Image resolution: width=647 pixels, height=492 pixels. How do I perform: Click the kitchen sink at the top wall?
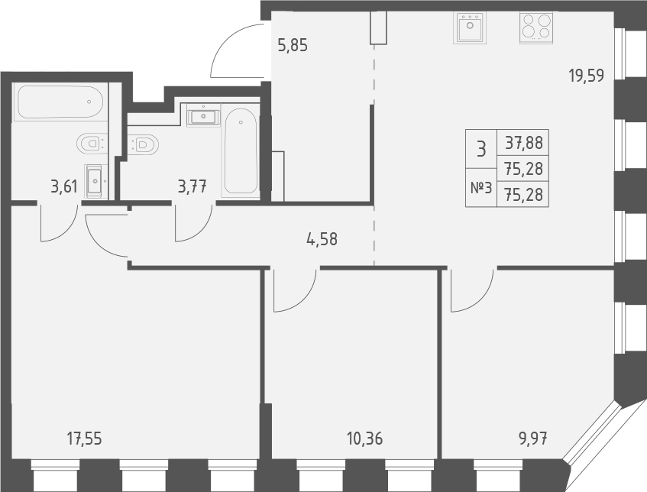point(469,29)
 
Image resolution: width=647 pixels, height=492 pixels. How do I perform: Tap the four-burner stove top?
point(536,28)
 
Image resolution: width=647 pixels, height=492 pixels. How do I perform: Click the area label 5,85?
point(293,45)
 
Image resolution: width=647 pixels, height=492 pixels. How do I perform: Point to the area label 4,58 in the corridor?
point(322,238)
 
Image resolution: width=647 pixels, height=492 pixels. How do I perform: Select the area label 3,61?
point(64,186)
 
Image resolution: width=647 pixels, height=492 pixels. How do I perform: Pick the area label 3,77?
point(192,186)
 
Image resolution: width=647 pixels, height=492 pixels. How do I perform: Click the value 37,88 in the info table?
point(524,143)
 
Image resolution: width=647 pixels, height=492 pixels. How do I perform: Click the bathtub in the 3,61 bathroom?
point(59,101)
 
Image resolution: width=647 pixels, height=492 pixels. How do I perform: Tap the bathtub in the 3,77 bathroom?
point(241,150)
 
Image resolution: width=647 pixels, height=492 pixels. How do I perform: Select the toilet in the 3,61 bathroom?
point(92,142)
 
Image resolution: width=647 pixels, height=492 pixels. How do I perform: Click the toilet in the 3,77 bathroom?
point(144,143)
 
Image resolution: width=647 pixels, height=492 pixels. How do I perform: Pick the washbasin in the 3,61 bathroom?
point(94,181)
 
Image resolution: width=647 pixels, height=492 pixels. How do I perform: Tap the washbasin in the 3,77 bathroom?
point(202,117)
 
